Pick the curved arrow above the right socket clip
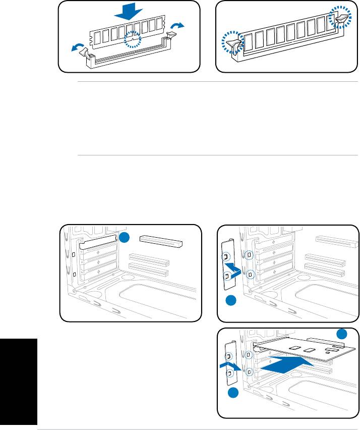[178, 25]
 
